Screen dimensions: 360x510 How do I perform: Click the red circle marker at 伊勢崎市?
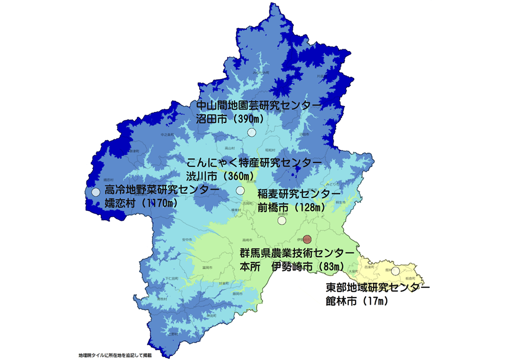pos(307,239)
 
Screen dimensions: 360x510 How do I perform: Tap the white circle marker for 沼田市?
pos(252,132)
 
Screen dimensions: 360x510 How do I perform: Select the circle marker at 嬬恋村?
pos(96,192)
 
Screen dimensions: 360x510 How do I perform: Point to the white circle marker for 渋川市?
pos(240,190)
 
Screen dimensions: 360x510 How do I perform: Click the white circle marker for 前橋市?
pos(282,220)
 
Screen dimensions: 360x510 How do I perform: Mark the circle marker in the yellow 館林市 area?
pos(396,271)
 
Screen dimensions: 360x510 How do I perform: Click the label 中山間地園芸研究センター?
pos(257,105)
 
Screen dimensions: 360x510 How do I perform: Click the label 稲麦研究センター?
pos(299,193)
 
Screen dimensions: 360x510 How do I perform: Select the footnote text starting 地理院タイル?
pos(114,355)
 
